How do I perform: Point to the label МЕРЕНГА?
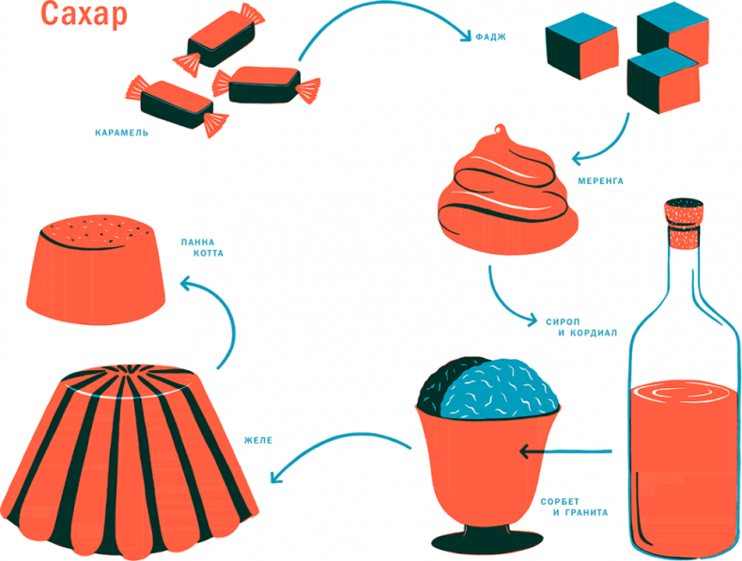click(596, 180)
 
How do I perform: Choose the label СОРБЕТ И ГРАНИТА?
click(575, 506)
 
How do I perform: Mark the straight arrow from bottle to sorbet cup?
click(564, 453)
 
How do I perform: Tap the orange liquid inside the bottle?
click(683, 460)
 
